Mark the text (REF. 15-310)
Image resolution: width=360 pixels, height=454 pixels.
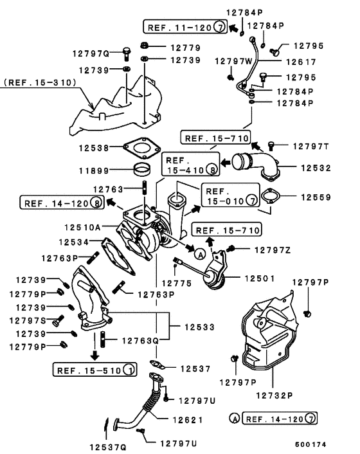pyautogui.click(x=40, y=82)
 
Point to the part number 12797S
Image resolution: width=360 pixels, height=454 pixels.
pyautogui.click(x=27, y=320)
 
